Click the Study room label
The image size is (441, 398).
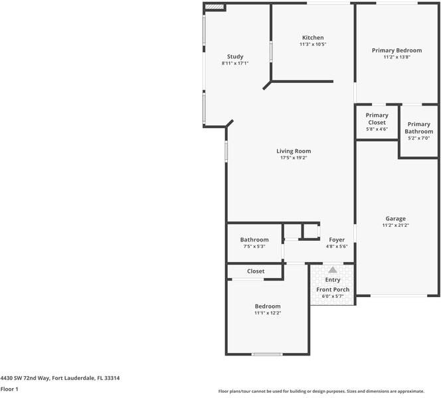[235, 56]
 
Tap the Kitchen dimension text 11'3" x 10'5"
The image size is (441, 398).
[313, 44]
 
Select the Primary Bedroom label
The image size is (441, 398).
[397, 50]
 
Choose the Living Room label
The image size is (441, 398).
[294, 151]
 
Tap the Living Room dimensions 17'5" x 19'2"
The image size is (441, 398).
[294, 159]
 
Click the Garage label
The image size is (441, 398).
[396, 218]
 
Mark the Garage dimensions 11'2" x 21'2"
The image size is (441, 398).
[396, 226]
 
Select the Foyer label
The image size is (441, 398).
[337, 239]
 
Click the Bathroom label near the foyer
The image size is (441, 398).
[254, 239]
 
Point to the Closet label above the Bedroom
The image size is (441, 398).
[256, 271]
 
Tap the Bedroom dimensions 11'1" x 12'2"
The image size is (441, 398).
[268, 313]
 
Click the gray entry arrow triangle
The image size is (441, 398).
[333, 270]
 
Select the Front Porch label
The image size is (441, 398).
[333, 289]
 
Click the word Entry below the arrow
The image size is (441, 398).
[333, 280]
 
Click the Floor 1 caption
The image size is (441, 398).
[9, 389]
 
